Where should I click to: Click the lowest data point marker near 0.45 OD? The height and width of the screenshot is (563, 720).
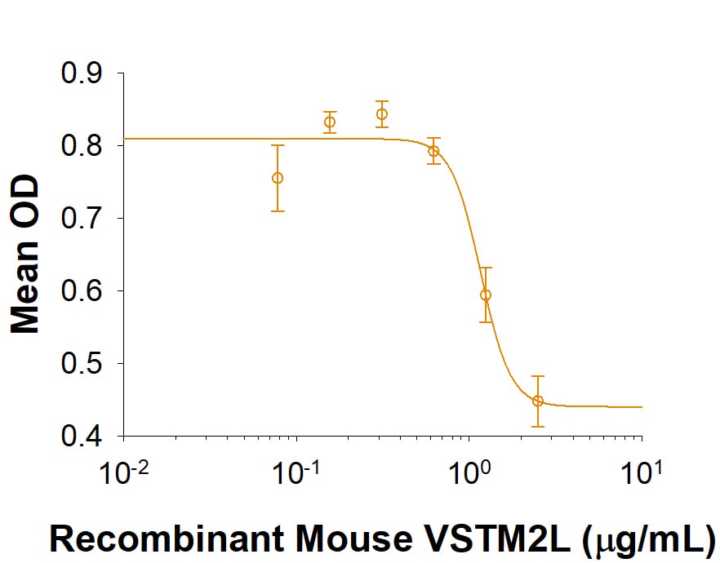(x=538, y=401)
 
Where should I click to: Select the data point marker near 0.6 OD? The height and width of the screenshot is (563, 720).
(x=486, y=295)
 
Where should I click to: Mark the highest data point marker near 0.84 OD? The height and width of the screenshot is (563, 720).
(x=381, y=114)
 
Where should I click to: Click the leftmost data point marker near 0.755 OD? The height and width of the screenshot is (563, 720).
(x=278, y=178)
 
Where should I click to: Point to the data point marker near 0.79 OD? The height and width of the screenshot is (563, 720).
(x=433, y=151)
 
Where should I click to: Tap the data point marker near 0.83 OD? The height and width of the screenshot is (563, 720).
(x=330, y=122)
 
